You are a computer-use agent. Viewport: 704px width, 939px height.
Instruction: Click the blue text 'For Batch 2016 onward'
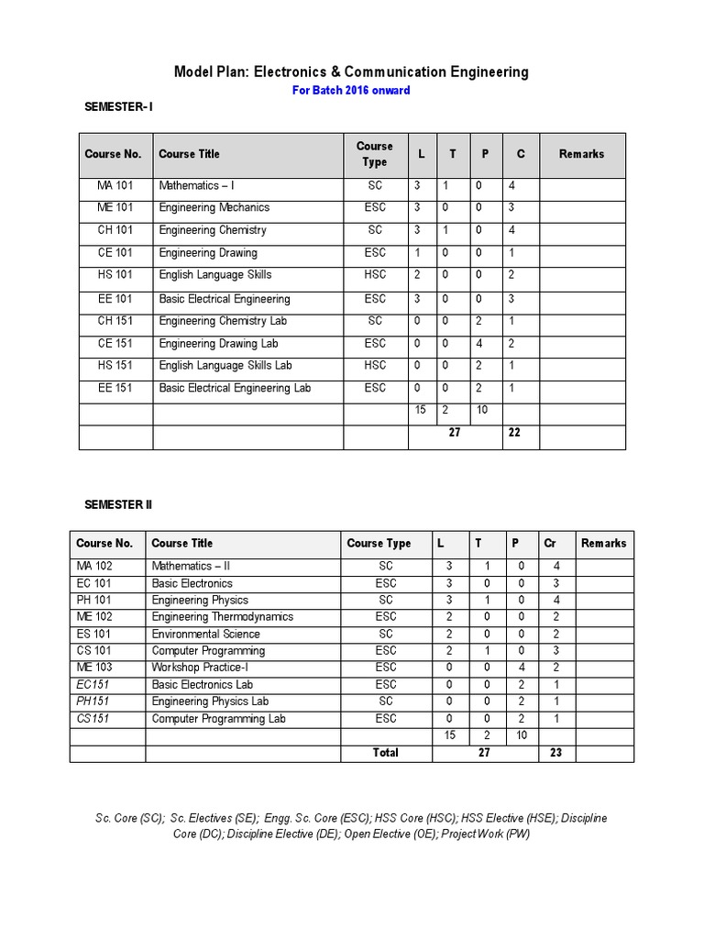tap(351, 90)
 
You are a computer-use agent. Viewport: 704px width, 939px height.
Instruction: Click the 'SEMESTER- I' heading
tap(119, 107)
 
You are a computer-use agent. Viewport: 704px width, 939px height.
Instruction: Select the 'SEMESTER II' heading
tap(118, 504)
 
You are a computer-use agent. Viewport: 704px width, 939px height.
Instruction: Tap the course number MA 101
tap(115, 185)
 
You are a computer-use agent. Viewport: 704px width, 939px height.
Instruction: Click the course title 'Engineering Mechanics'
tap(214, 207)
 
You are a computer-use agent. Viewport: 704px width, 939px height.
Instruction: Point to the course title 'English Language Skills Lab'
tap(225, 365)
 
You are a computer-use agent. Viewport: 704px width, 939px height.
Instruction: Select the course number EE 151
tap(115, 388)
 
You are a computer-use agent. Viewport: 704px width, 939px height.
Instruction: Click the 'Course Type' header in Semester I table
tap(374, 154)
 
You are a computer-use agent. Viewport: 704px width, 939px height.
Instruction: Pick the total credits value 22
tap(514, 433)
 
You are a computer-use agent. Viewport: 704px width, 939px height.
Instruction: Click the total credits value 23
tap(556, 752)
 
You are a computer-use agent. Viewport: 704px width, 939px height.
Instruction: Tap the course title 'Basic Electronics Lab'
tap(203, 684)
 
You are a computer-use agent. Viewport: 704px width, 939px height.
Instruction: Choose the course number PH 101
tap(94, 600)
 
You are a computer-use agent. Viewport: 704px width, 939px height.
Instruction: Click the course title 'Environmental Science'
tap(206, 634)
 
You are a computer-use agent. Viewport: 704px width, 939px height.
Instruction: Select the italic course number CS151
tap(94, 718)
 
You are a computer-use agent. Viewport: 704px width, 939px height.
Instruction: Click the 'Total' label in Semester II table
tap(386, 752)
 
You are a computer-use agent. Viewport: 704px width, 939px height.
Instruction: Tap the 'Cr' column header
tap(550, 543)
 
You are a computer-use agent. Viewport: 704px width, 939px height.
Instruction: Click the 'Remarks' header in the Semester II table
tap(604, 543)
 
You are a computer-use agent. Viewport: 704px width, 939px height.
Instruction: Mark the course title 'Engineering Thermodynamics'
tap(223, 616)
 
